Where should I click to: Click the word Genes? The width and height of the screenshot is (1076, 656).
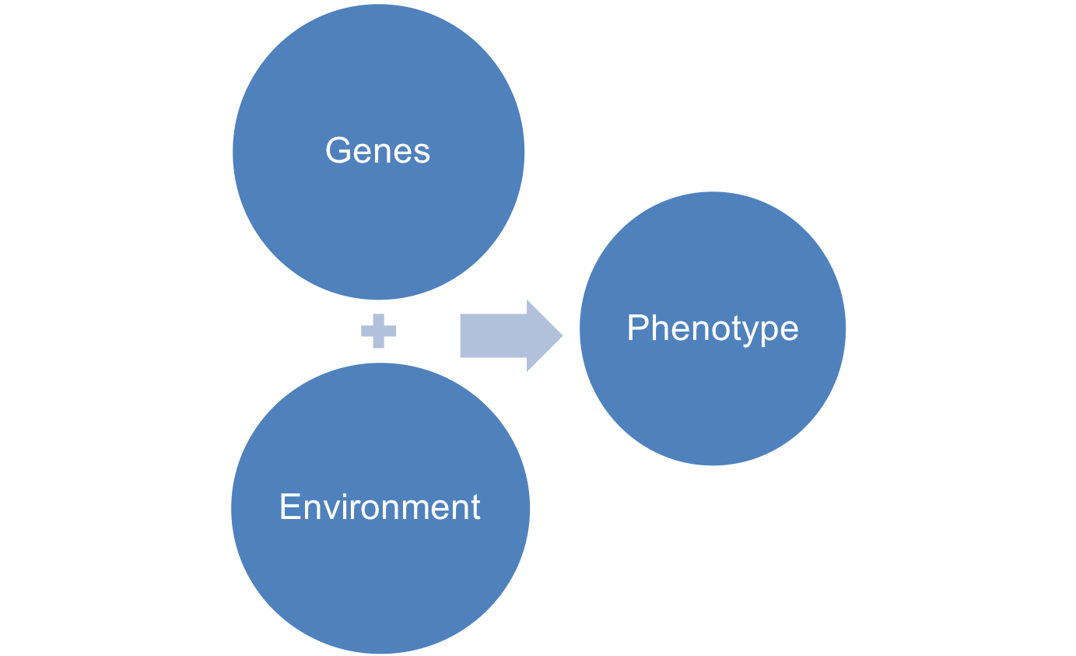click(x=377, y=150)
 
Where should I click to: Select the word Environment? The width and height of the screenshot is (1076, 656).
click(x=380, y=507)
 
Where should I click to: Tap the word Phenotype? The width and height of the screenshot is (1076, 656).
click(x=713, y=328)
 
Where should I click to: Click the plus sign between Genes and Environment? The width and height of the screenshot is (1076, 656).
click(x=379, y=332)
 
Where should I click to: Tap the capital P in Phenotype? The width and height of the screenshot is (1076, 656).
click(x=636, y=328)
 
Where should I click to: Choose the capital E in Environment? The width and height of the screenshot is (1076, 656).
click(x=289, y=507)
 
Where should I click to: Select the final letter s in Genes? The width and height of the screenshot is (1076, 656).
click(x=421, y=153)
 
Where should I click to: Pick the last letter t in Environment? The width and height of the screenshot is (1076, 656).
click(x=475, y=508)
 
